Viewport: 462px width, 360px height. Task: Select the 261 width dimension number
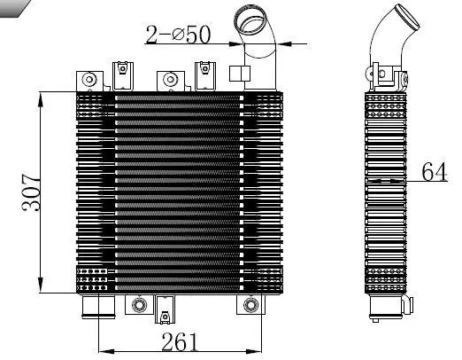tap(180, 341)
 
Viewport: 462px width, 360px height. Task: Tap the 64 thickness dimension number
tap(434, 171)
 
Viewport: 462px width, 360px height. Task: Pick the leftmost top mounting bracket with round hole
tap(89, 80)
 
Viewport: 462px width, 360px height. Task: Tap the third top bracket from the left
tap(167, 80)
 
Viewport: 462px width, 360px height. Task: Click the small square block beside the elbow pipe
tap(238, 74)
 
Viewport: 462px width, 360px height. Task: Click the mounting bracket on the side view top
tap(379, 74)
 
